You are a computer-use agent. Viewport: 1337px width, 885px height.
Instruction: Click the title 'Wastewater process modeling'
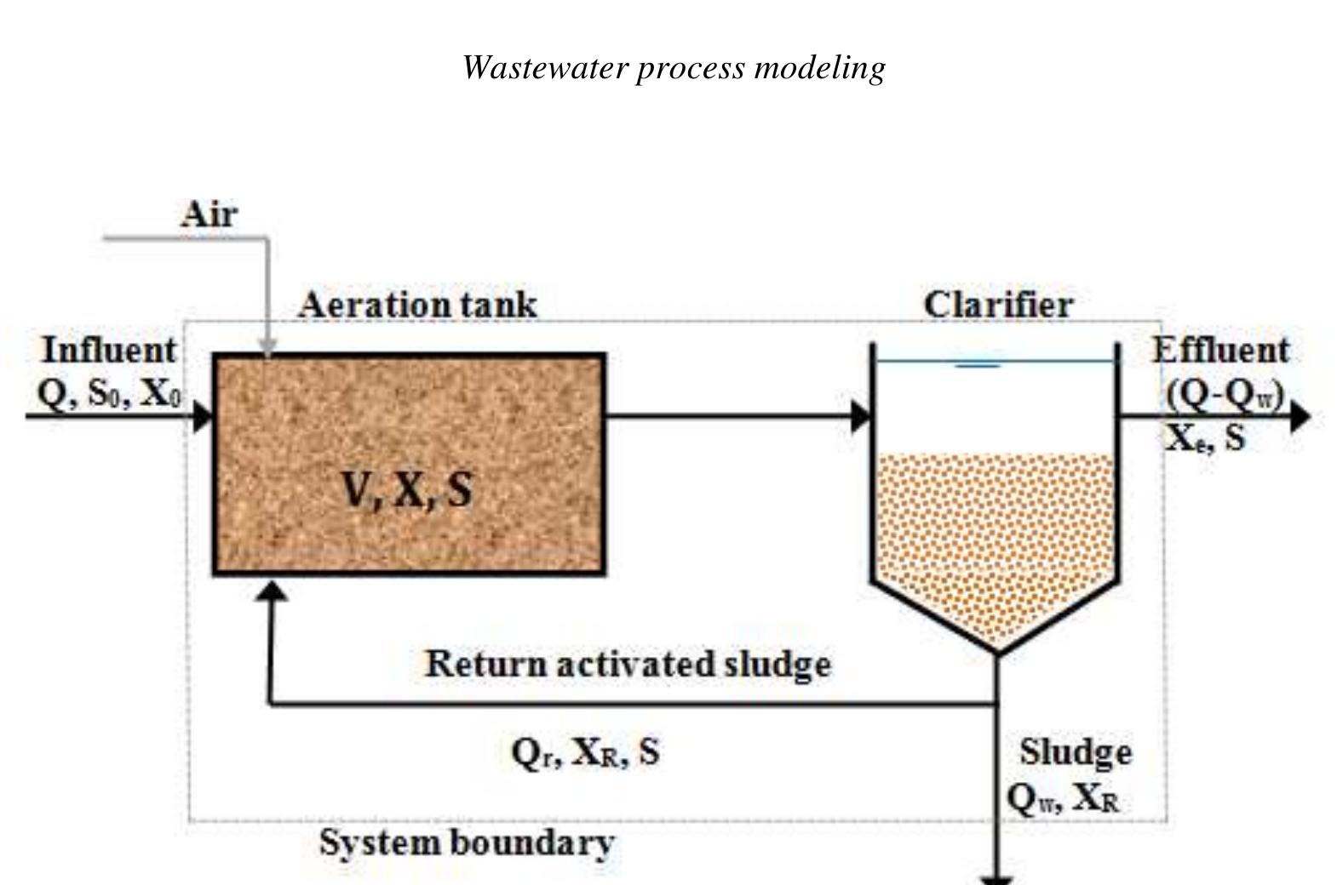674,67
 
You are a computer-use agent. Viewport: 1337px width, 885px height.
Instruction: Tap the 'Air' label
209,214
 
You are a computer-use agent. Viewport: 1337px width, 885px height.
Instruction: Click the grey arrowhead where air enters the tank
268,346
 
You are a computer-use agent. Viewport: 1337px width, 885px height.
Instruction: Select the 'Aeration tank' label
417,305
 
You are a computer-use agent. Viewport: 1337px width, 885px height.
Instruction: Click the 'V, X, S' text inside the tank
407,489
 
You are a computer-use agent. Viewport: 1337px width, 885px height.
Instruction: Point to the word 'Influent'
109,350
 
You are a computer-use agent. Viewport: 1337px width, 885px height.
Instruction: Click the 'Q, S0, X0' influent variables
109,392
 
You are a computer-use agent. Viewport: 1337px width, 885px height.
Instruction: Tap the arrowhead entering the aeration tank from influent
204,417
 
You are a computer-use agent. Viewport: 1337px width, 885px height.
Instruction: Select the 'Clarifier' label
998,305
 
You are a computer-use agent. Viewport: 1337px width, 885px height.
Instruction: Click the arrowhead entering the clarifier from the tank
862,417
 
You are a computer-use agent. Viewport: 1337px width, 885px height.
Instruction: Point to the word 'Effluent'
1220,350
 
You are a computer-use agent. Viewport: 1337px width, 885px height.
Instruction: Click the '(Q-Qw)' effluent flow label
1225,394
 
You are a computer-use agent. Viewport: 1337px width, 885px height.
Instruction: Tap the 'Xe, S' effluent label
1205,437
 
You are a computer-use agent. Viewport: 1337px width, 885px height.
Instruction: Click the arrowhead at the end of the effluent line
1300,417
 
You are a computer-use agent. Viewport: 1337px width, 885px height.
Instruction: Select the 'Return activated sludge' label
628,664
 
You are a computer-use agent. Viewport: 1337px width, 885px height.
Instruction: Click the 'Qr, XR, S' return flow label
585,751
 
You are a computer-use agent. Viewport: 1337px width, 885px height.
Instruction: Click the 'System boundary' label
467,843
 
